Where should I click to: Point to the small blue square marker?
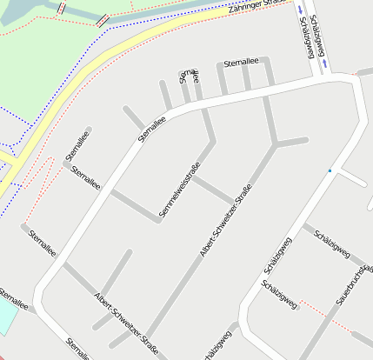(330, 171)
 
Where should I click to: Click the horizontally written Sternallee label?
(241, 63)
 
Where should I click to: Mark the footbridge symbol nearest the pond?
(62, 7)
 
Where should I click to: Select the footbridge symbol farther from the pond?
(103, 18)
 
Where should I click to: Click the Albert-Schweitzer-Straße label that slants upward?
(225, 222)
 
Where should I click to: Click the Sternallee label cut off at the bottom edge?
(78, 350)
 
